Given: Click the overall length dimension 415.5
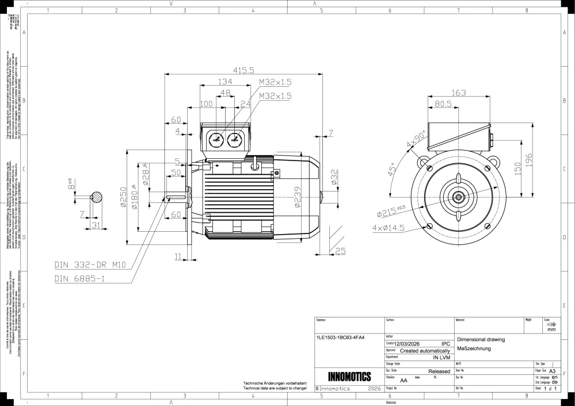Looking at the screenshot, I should point(243,71).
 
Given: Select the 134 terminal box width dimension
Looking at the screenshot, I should point(224,82).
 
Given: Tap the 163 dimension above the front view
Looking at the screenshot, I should point(459,93).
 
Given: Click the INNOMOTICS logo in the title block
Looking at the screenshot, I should point(348,377).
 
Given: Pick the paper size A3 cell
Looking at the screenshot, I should point(551,371).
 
